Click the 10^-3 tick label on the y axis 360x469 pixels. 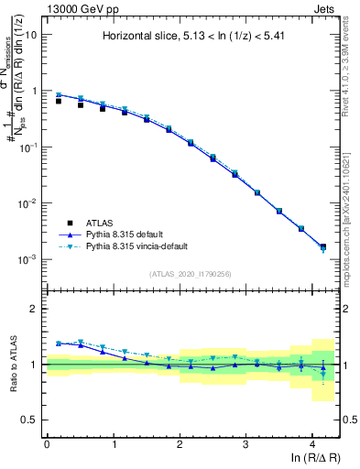click(x=28, y=260)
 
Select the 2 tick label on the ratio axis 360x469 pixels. click(x=35, y=309)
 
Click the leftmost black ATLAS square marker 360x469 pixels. click(x=59, y=101)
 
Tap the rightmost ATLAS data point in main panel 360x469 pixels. click(x=322, y=246)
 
